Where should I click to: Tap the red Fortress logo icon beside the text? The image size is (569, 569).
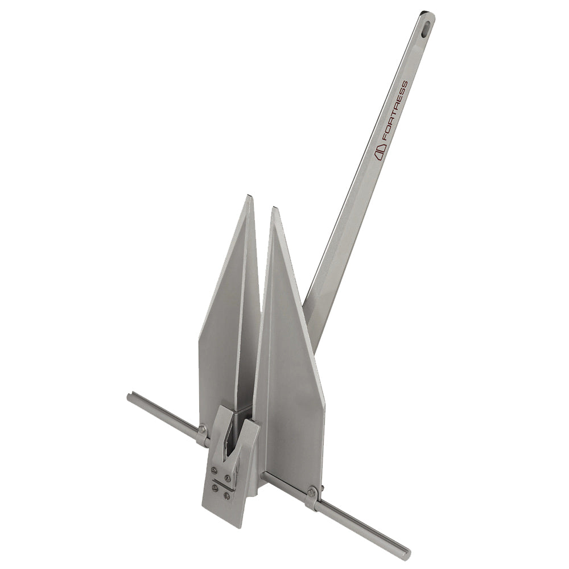click(380, 149)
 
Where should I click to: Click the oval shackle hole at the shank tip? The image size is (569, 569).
click(426, 25)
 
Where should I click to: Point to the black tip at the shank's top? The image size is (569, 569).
click(424, 13)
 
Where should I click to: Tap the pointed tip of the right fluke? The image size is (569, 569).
click(275, 209)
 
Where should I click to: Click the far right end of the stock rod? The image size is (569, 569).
click(406, 553)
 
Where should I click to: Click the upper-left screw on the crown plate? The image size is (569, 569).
click(215, 470)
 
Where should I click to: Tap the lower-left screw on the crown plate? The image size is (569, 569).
click(215, 488)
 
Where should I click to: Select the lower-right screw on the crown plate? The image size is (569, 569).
click(227, 496)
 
